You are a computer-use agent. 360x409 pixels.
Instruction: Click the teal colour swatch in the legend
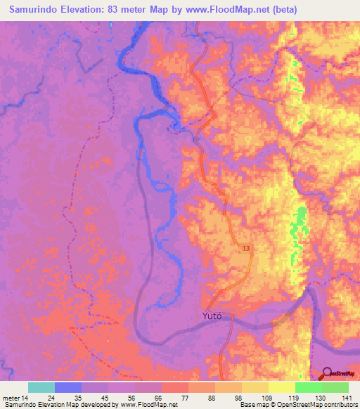click(x=41, y=387)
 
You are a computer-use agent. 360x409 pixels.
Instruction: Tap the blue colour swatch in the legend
click(x=68, y=387)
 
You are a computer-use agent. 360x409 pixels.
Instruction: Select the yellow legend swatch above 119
click(x=282, y=387)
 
